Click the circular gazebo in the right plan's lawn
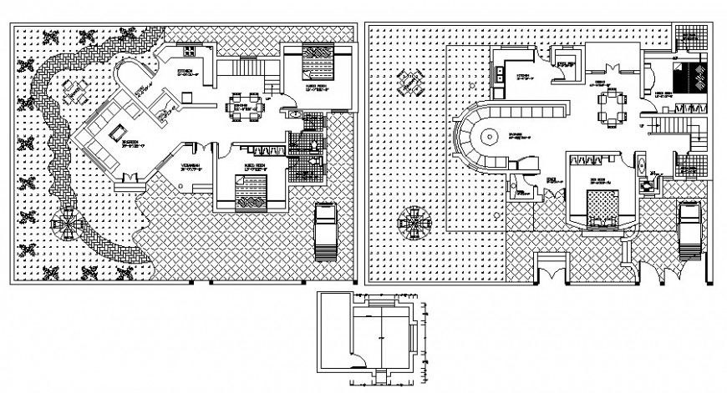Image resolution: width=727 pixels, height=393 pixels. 413,224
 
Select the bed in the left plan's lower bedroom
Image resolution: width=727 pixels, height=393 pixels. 250,195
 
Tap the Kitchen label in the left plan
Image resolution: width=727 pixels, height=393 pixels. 186,72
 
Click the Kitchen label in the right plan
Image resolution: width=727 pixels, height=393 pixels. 524,77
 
